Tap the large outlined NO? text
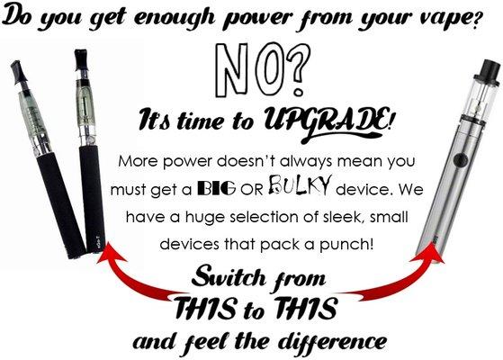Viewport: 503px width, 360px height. point(263,70)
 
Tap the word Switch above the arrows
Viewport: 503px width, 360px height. point(229,276)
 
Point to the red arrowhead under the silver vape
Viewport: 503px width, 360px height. point(431,254)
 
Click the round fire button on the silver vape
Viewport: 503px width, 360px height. point(461,158)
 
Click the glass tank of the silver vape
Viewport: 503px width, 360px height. point(479,100)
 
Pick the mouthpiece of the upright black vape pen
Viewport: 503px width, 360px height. point(80,60)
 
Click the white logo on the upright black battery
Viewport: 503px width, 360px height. point(98,242)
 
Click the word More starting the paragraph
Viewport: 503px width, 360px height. point(138,161)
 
